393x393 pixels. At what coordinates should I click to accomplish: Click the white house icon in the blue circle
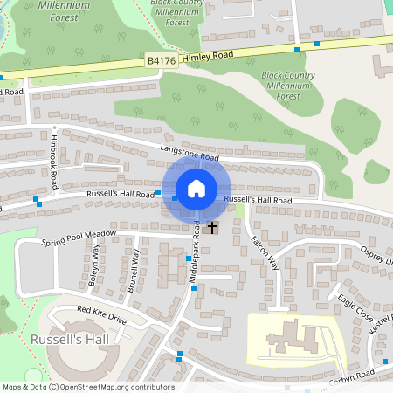[x=196, y=188]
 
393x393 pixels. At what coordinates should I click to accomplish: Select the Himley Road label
[x=210, y=55]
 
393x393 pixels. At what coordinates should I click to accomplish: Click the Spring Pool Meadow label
[x=79, y=238]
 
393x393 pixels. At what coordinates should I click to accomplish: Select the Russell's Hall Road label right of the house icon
[x=258, y=200]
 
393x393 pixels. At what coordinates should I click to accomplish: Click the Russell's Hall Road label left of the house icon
[x=120, y=193]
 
